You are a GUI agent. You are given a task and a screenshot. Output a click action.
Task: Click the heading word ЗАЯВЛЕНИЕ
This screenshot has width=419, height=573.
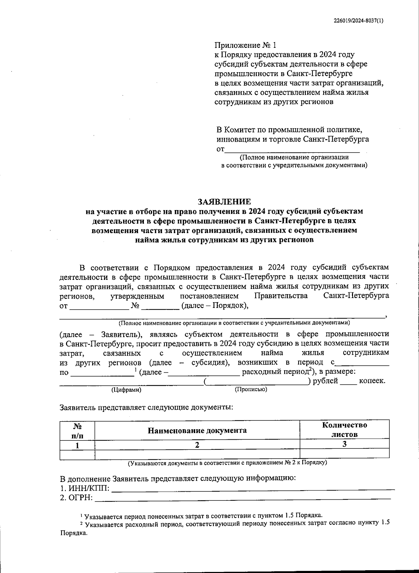tap(224, 202)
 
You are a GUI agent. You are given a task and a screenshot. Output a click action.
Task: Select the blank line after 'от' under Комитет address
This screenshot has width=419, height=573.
tap(292, 150)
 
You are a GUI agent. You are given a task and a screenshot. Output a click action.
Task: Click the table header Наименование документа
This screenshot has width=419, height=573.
tap(197, 430)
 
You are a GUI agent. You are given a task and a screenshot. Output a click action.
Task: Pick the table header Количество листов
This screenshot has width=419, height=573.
tap(344, 430)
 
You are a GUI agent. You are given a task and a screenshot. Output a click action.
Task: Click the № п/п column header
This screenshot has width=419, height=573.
tap(78, 430)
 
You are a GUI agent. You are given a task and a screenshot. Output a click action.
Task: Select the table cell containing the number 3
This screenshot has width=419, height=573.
tap(344, 444)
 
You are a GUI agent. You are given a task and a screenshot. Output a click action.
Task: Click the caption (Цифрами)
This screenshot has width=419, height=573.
tap(126, 390)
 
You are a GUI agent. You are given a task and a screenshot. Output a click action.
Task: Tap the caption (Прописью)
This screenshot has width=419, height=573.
tap(251, 389)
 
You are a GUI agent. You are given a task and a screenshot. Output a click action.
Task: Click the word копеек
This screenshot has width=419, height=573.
tap(372, 381)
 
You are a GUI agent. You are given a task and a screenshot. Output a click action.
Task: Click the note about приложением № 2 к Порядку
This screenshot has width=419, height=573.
tap(227, 463)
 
